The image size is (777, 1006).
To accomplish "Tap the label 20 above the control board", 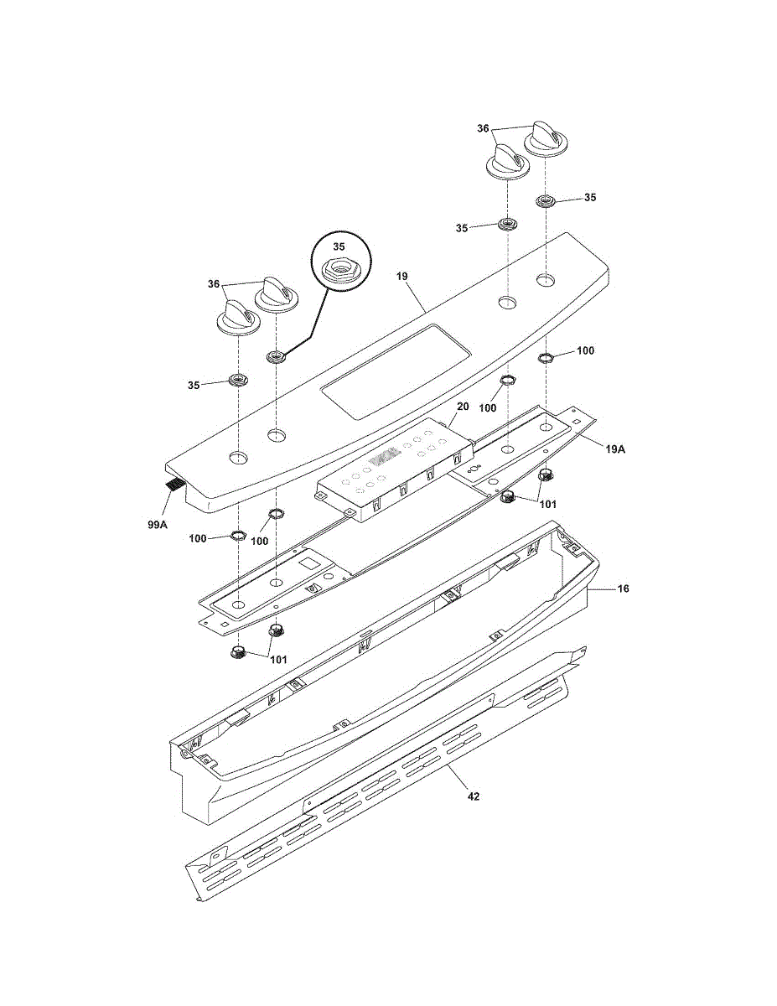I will tap(462, 407).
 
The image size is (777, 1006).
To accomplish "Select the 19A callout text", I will tap(614, 449).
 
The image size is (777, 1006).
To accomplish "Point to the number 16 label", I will tap(623, 589).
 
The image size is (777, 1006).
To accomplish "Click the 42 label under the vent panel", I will tap(474, 796).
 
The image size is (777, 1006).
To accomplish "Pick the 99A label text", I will tap(157, 525).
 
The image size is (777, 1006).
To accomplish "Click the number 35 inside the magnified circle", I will tap(339, 247).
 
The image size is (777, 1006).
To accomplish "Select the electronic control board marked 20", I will tap(390, 469).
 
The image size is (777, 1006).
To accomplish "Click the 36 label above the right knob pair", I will tap(483, 128).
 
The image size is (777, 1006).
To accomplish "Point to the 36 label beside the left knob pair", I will tap(213, 284).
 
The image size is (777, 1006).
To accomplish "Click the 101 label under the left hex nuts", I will tap(278, 659).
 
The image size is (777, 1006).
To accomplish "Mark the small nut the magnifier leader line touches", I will tap(276, 358).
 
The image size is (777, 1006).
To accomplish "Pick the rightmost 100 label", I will tap(585, 350).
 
